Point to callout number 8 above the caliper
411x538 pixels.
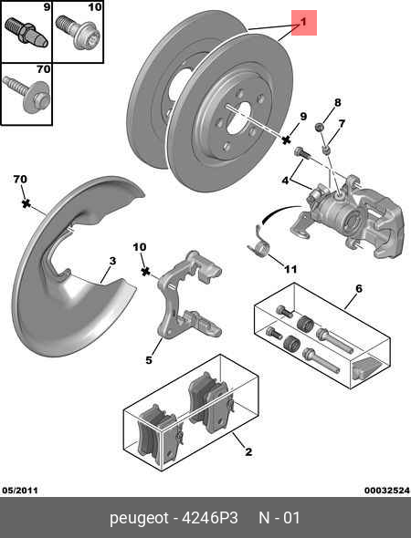(336, 102)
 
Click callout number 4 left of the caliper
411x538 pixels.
(285, 181)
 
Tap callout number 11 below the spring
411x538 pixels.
(290, 270)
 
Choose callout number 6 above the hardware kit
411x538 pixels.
(358, 288)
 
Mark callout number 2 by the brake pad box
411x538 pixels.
(248, 451)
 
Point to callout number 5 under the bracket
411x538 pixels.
(148, 360)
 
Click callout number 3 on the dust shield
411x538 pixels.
(111, 261)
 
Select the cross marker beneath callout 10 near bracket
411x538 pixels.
(143, 271)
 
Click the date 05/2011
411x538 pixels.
(19, 490)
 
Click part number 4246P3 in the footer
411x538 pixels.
(212, 519)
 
